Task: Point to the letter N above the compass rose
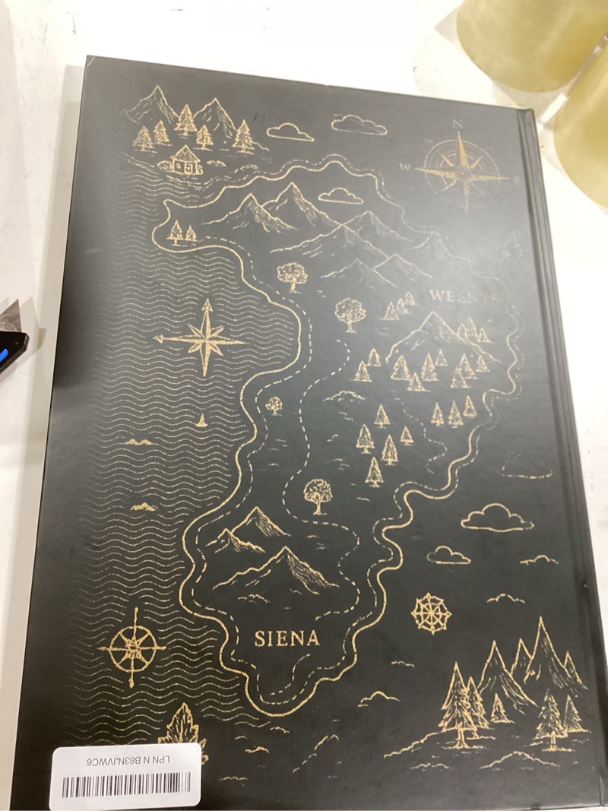458,123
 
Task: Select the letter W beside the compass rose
406,166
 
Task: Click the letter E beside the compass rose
518,179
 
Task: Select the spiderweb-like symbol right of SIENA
431,613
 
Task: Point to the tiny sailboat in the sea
201,420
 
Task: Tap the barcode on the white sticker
125,785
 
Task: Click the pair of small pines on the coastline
182,231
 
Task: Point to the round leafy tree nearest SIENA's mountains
316,494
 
